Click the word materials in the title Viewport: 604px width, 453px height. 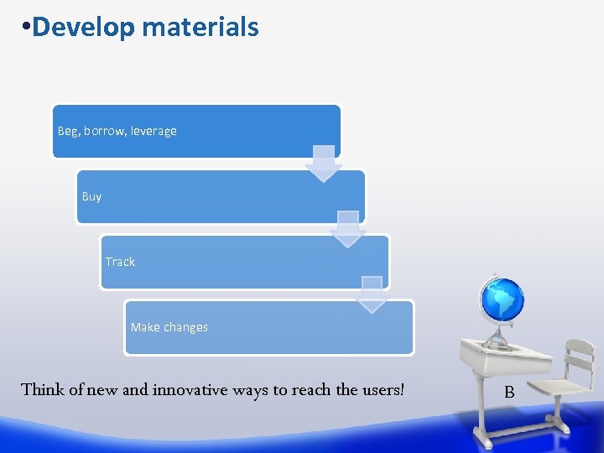pos(200,28)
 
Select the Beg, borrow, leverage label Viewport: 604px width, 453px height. pos(117,131)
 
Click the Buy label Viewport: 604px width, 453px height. pos(91,196)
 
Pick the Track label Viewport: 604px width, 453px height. pos(120,262)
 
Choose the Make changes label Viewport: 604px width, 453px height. pos(169,327)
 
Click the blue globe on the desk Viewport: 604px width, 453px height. pos(502,299)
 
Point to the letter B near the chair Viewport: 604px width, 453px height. pos(509,391)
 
